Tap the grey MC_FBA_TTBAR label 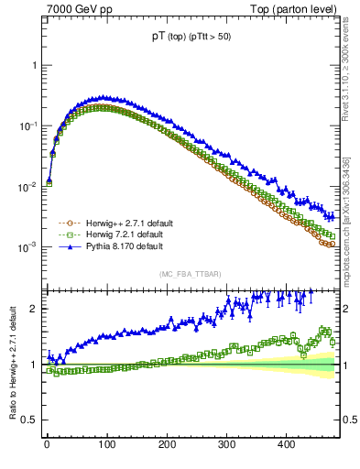click(x=191, y=274)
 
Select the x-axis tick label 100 click(x=106, y=444)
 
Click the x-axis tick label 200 click(x=167, y=444)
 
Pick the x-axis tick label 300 click(x=226, y=444)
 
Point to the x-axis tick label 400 click(x=286, y=444)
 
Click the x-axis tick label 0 click(x=47, y=444)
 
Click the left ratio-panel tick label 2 click(x=34, y=309)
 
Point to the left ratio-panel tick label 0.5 click(x=30, y=420)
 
